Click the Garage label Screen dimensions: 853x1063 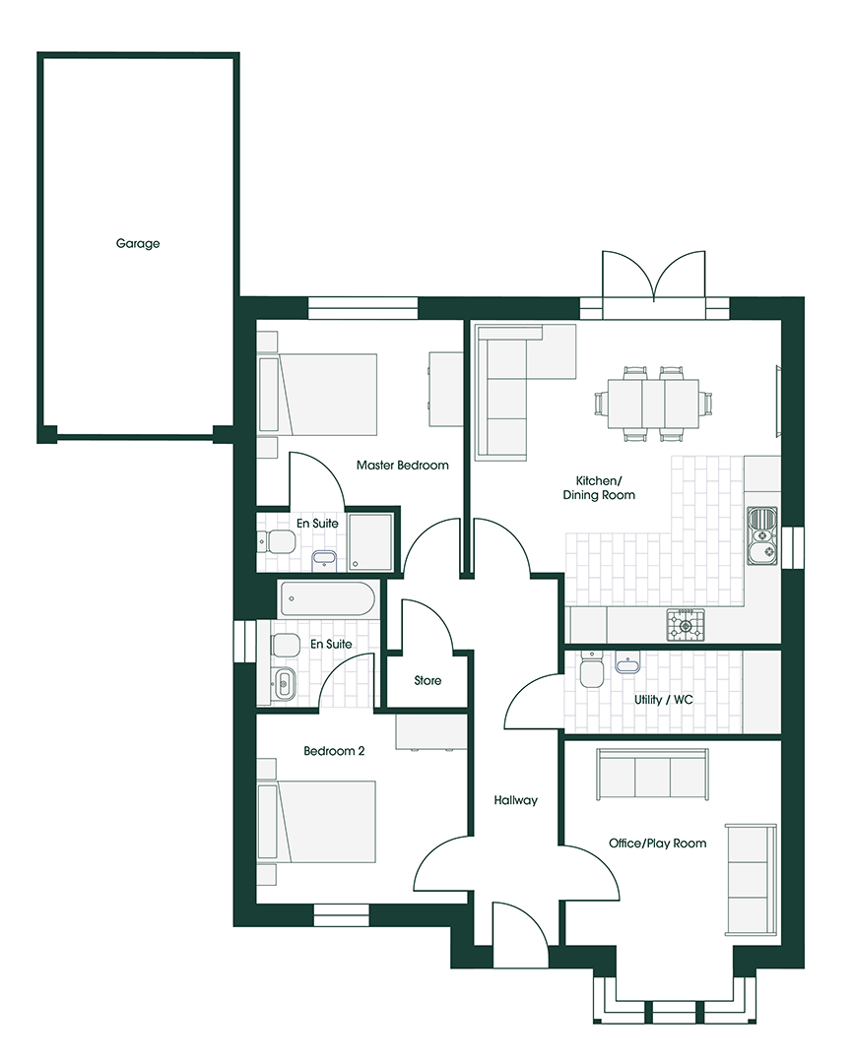(138, 243)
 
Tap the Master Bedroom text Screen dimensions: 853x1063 (403, 465)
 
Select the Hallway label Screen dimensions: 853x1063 (516, 800)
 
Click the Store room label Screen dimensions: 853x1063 (427, 680)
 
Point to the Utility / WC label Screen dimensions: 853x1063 (664, 699)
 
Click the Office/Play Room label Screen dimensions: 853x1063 (658, 844)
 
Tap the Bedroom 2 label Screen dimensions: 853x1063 (334, 751)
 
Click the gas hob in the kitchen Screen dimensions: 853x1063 (686, 624)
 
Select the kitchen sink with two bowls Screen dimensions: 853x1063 (762, 535)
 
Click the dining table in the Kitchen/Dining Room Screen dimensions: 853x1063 (653, 404)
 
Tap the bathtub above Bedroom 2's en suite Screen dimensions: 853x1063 (328, 599)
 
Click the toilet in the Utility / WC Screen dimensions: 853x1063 (590, 670)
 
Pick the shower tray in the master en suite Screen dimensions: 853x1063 (369, 542)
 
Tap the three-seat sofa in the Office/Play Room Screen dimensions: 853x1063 (652, 775)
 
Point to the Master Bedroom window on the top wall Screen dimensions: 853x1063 (363, 309)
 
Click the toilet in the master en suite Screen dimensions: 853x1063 (277, 541)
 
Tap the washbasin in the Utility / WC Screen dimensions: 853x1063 (627, 661)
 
